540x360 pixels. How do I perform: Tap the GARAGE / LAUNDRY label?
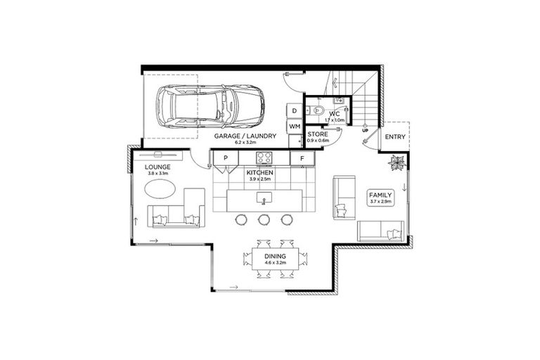click(x=245, y=136)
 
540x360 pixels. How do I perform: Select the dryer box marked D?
click(x=294, y=111)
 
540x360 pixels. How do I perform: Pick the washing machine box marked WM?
click(x=294, y=126)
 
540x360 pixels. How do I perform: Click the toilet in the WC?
click(x=317, y=111)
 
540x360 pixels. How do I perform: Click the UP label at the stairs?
click(x=364, y=131)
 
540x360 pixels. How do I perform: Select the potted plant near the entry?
click(x=397, y=162)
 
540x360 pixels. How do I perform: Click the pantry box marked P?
click(x=226, y=159)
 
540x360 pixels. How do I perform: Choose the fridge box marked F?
click(x=302, y=159)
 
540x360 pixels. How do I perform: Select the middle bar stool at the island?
click(x=264, y=219)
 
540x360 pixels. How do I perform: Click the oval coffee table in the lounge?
click(x=161, y=189)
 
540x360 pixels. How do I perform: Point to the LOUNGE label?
click(x=157, y=167)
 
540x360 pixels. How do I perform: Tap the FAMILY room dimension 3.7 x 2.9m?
click(x=380, y=202)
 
